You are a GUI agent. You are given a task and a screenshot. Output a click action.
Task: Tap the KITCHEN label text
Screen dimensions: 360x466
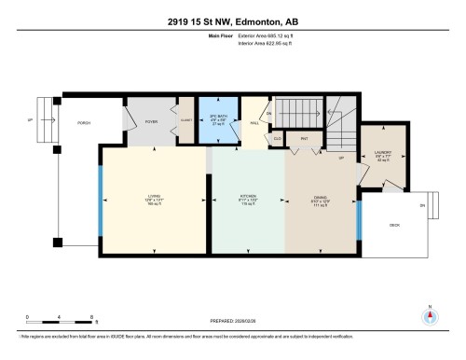[x=248, y=197]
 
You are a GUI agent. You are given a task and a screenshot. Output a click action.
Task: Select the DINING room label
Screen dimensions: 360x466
[x=320, y=197]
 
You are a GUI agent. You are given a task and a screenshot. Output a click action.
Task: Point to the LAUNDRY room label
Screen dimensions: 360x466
[x=383, y=153]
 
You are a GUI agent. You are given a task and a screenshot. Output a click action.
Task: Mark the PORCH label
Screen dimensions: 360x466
[x=83, y=121]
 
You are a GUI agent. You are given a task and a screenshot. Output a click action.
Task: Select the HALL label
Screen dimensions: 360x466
[x=254, y=121]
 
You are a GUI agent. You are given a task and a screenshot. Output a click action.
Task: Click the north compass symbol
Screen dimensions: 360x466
[x=430, y=315]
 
